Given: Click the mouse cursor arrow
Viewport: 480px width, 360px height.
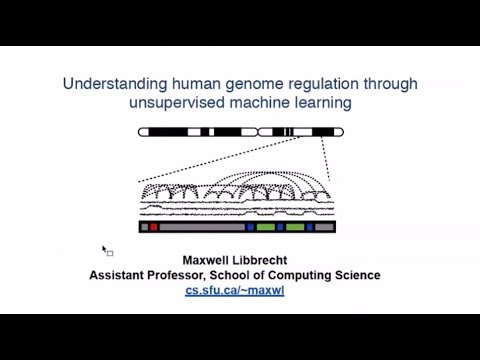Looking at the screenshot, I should coord(105,249).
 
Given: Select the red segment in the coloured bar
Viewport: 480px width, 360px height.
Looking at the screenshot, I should coord(154,228).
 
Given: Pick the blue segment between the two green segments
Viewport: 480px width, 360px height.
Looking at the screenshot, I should coord(281,228).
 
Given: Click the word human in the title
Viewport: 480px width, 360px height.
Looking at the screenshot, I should coord(181,83).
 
